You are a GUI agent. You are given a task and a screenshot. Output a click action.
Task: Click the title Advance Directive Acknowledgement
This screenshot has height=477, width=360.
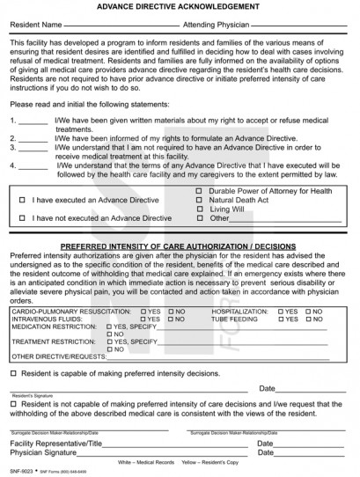coord(179,6)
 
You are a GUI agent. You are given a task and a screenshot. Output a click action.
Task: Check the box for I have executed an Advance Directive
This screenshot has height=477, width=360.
coord(22,201)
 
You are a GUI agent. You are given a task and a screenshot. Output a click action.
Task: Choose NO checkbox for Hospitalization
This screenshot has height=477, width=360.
coord(305,312)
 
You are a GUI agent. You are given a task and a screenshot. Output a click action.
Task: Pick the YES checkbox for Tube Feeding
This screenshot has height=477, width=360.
coord(282,320)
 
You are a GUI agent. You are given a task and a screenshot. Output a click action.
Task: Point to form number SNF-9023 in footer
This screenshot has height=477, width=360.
coord(18,472)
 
